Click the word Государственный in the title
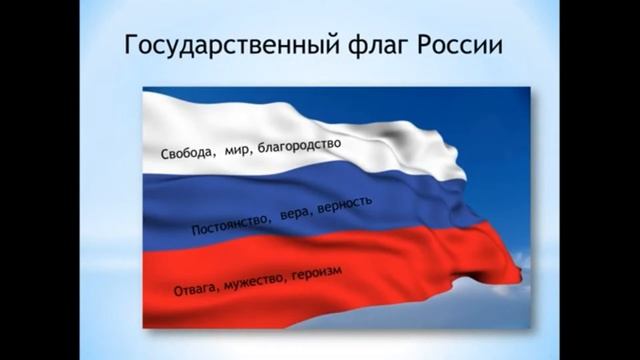224,47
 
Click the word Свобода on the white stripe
185,154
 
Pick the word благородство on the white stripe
299,146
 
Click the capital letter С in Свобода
165,156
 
